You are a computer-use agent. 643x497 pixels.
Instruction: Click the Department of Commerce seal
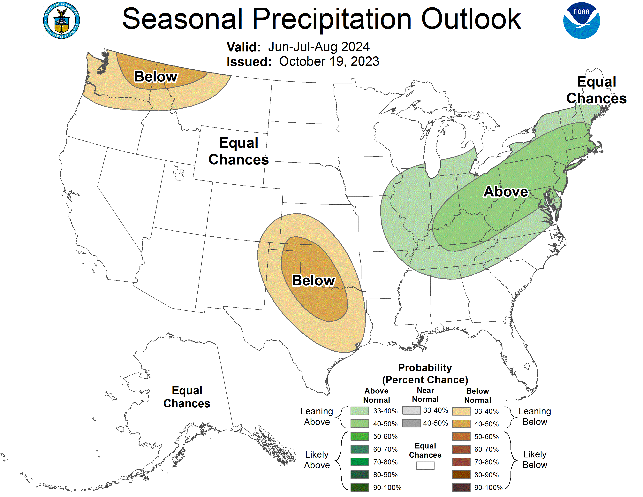point(62,20)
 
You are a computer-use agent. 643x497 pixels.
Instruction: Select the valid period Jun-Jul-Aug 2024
point(319,47)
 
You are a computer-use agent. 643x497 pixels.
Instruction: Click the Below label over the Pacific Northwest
point(156,77)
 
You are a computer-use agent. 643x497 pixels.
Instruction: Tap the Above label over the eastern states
point(506,191)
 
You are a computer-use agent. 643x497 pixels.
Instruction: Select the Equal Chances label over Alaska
point(187,397)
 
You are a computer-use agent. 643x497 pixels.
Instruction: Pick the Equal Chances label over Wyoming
point(238,151)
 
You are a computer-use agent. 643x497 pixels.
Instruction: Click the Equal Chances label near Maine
point(596,90)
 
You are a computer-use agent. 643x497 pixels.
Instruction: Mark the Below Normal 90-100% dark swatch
point(461,487)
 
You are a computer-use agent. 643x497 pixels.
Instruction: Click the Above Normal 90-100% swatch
point(360,487)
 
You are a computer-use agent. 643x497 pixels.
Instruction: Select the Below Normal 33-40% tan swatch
point(461,411)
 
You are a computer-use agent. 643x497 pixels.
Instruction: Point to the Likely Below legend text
point(535,460)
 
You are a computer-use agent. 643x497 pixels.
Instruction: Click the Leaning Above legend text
point(317,417)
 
